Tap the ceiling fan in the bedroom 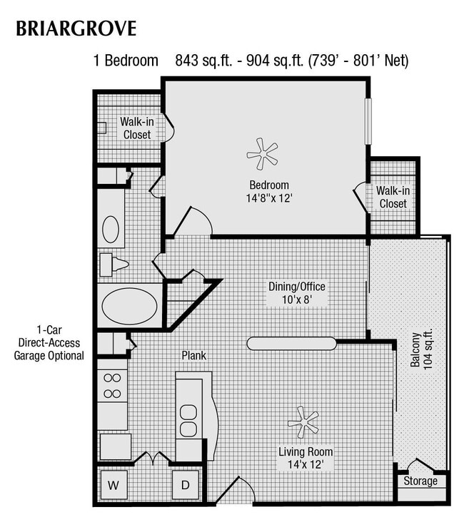point(261,153)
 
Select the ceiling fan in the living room point(303,422)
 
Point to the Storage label point(420,481)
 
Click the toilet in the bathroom point(114,265)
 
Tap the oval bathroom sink point(111,229)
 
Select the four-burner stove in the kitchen point(112,385)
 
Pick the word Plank point(193,354)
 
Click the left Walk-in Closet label point(136,128)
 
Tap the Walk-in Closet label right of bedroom point(393,197)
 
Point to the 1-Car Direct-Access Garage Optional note point(49,343)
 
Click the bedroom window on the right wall point(368,121)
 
